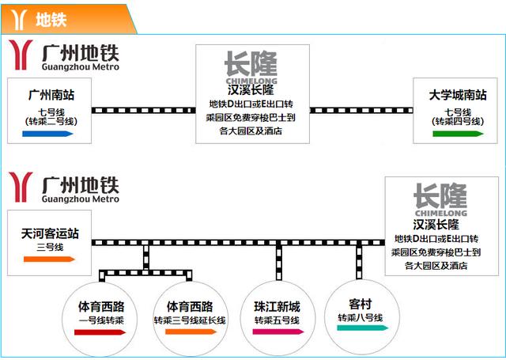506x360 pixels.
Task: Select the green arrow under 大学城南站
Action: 458,135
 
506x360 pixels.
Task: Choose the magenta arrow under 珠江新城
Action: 278,332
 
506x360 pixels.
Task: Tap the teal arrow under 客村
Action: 361,328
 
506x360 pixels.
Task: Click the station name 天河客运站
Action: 50,234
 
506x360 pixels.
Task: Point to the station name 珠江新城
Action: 277,305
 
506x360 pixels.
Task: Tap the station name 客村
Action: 361,302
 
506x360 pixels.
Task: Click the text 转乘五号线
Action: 277,320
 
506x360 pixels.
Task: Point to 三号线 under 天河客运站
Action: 50,248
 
